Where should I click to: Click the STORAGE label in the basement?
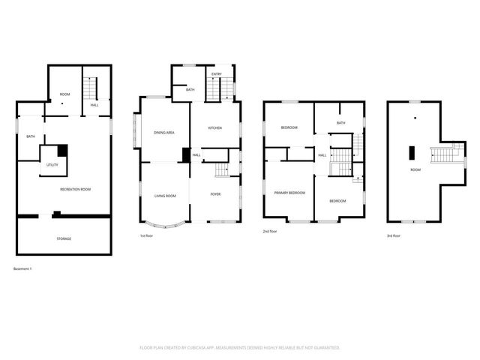point(64,238)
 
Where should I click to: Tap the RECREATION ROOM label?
point(75,189)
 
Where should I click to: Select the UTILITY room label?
point(52,164)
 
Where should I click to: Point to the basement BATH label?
point(31,136)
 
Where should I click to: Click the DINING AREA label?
point(164,133)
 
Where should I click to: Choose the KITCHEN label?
point(215,128)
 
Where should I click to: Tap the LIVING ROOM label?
point(165,196)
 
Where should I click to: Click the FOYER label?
point(214,194)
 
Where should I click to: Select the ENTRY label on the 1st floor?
point(216,74)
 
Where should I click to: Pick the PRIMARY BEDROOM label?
point(289,193)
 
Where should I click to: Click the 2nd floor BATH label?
point(340,123)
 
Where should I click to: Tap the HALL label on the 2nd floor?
point(322,155)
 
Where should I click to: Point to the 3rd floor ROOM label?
point(415,169)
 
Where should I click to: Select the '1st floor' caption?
point(147,236)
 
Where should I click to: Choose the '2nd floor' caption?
point(271,232)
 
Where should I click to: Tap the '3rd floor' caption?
point(394,235)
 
